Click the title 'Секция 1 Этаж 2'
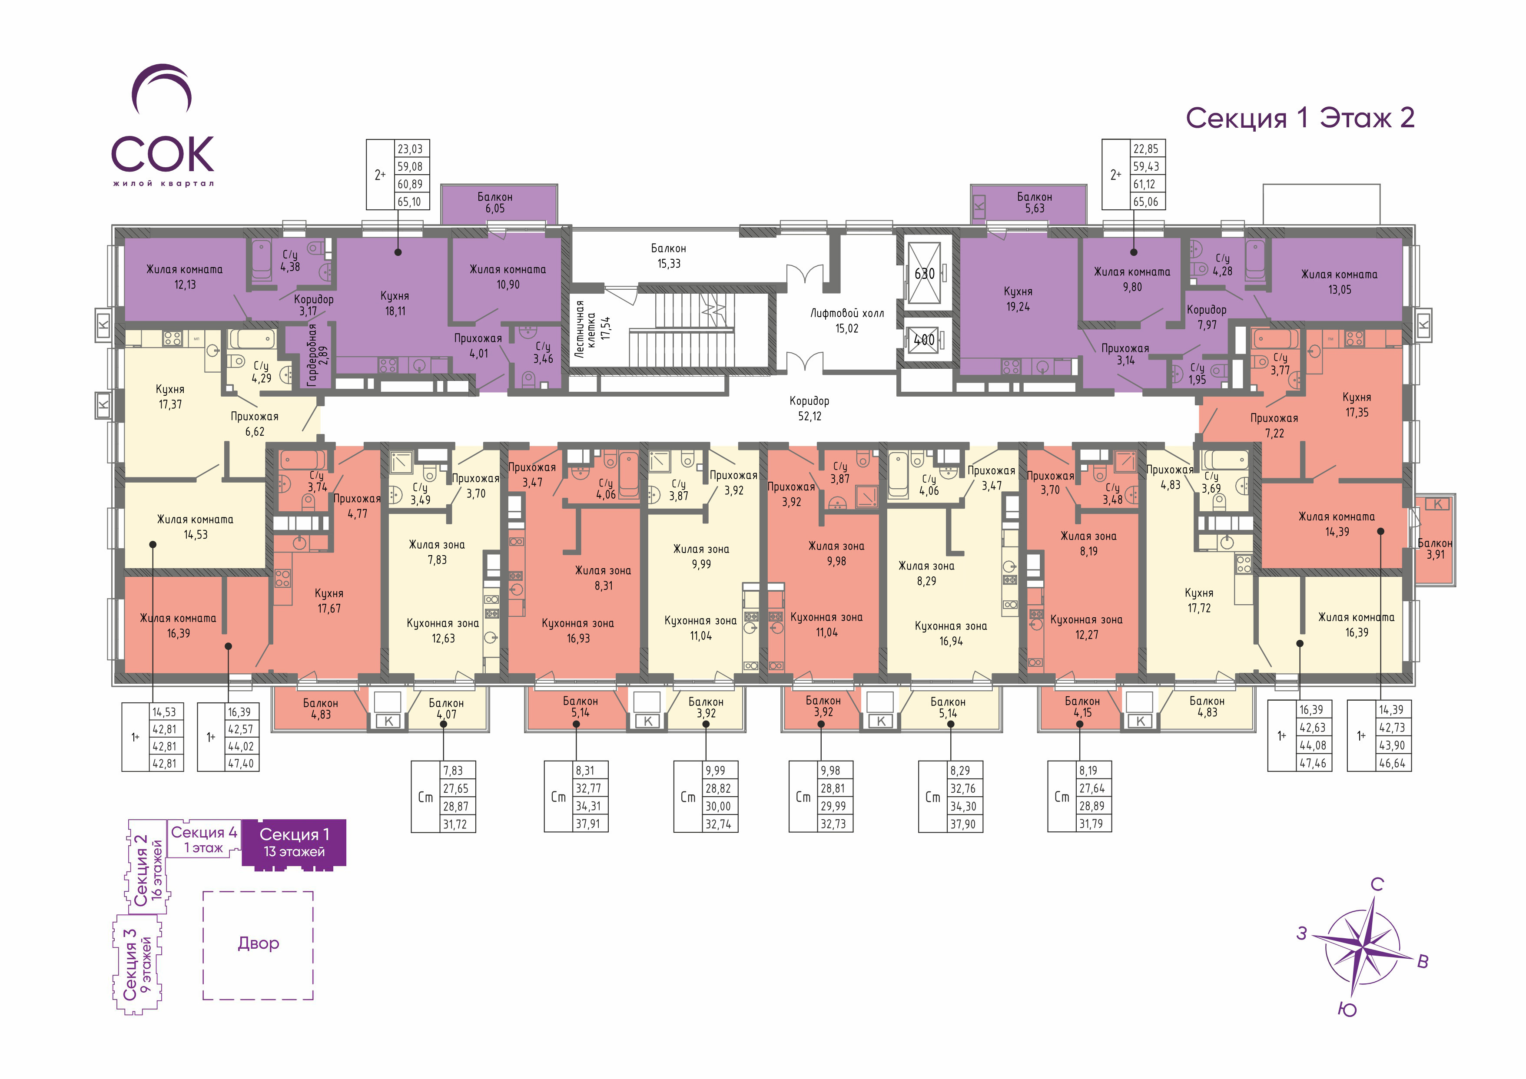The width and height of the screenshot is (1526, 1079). point(1300,118)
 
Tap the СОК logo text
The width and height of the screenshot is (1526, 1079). point(163,154)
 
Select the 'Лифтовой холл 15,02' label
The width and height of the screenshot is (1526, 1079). point(847,320)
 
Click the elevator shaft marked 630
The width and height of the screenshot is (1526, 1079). point(925,273)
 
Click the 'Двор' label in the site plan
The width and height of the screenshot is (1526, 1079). point(259,943)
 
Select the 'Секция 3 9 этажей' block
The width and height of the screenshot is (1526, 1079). point(138,964)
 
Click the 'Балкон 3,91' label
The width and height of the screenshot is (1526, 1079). point(1435,549)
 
